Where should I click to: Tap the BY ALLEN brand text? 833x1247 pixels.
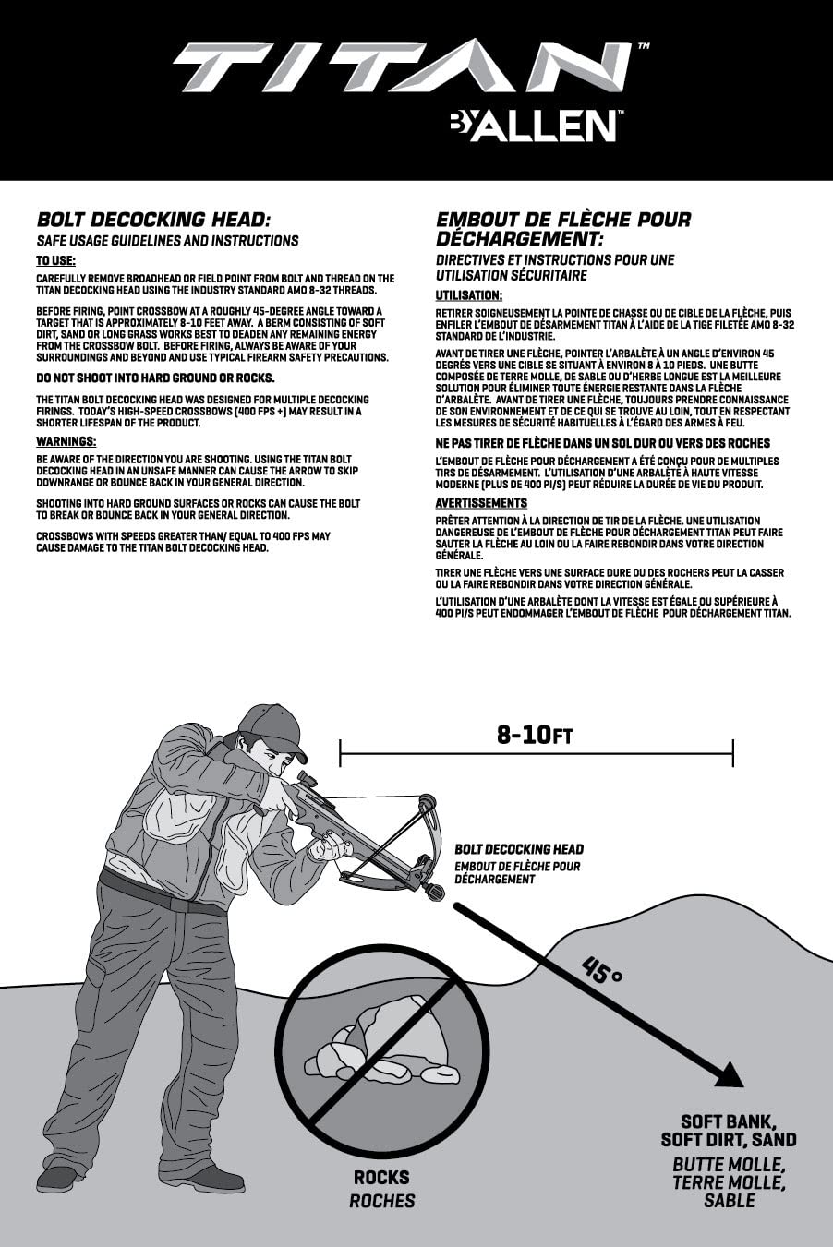click(533, 125)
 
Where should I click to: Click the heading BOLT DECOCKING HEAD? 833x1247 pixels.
click(152, 220)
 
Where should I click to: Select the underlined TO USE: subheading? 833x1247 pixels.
click(55, 261)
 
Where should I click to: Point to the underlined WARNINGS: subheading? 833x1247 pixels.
click(66, 441)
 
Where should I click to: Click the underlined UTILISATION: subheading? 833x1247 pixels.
click(469, 295)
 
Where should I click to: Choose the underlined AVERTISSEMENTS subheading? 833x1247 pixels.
click(481, 503)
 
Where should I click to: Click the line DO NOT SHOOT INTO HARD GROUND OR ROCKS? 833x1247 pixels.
click(155, 378)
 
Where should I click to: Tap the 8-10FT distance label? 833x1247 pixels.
click(535, 735)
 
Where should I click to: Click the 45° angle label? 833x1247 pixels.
click(602, 970)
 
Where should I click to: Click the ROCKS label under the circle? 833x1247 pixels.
click(381, 1178)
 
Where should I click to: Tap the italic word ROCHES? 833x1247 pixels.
click(381, 1201)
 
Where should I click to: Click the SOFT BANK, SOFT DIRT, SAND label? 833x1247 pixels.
click(729, 1131)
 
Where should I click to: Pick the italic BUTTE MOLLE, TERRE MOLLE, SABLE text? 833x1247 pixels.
click(729, 1182)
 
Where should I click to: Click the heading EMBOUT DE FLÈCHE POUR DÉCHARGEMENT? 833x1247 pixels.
click(563, 229)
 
